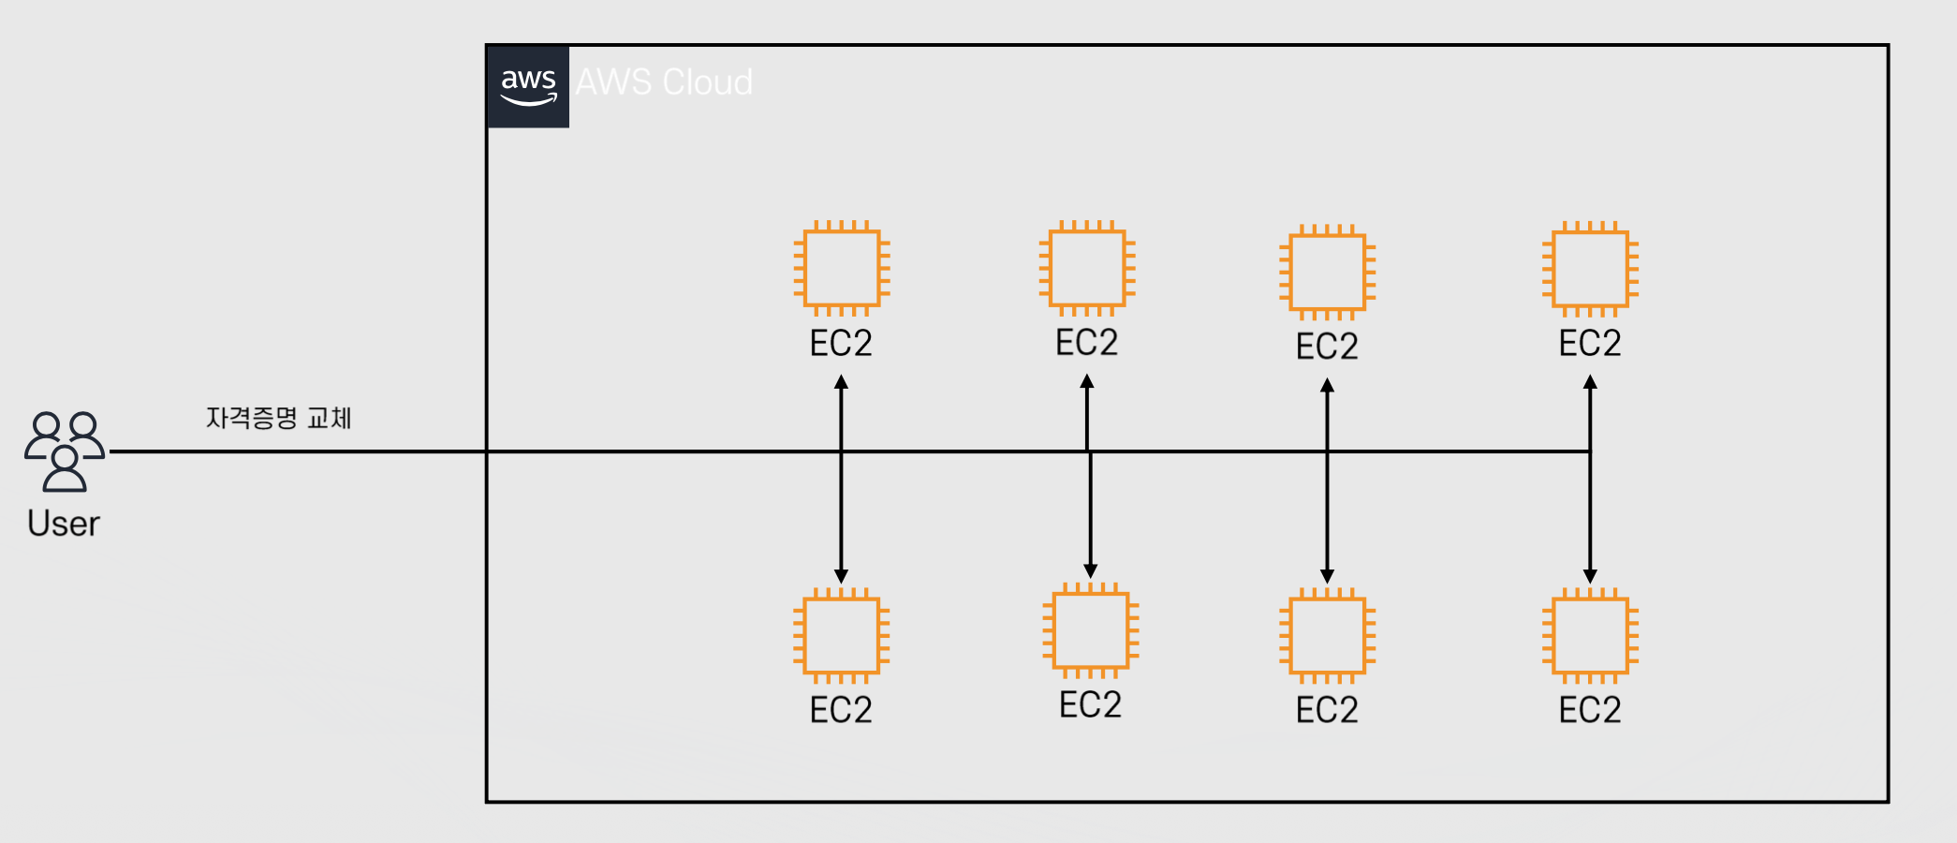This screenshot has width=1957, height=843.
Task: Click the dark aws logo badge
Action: [x=528, y=86]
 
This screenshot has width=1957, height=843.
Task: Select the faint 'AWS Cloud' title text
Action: [x=664, y=82]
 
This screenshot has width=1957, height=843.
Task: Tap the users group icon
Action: [x=65, y=451]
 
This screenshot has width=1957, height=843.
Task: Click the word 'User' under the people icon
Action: [x=64, y=524]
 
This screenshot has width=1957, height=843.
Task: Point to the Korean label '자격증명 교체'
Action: [x=279, y=418]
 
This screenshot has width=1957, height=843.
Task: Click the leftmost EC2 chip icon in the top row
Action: [x=842, y=269]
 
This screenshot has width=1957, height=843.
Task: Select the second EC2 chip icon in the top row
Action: [x=1087, y=269]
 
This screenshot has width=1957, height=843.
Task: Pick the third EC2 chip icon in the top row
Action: [x=1328, y=273]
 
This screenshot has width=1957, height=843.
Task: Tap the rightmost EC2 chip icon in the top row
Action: [x=1591, y=269]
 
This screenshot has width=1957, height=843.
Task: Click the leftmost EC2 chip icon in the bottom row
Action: [x=842, y=636]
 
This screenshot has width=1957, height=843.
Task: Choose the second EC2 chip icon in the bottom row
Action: [x=1091, y=630]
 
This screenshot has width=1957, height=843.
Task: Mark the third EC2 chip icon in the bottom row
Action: [x=1328, y=636]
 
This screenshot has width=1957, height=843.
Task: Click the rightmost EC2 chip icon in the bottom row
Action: [x=1591, y=636]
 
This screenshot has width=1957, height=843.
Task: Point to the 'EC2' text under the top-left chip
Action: [x=841, y=344]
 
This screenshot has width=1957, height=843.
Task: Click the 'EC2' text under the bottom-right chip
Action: [x=1590, y=711]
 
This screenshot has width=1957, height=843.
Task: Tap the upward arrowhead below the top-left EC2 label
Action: [x=841, y=382]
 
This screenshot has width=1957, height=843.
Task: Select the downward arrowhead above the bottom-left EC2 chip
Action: [x=841, y=576]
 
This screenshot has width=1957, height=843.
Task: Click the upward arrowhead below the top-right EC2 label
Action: [x=1590, y=382]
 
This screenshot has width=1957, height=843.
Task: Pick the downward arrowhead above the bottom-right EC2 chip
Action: [x=1590, y=576]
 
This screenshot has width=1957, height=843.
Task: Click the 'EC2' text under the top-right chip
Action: [x=1590, y=344]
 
